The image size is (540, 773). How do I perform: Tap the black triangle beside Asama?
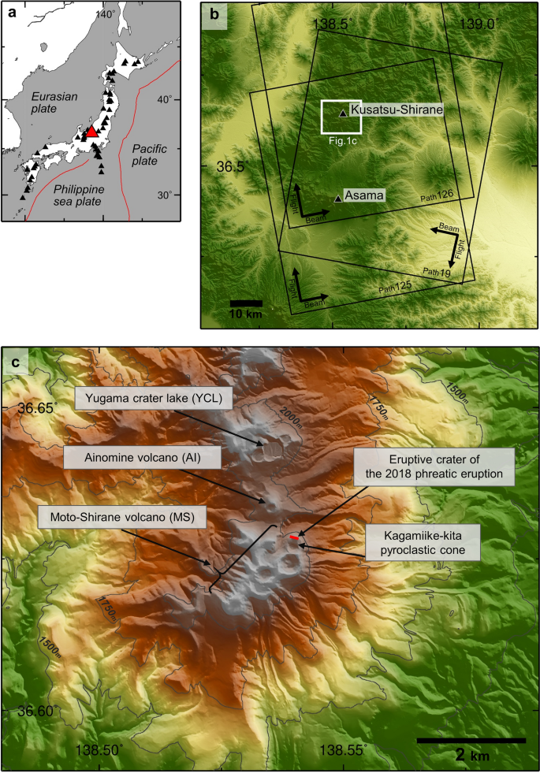338,199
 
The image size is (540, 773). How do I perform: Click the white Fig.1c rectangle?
341,117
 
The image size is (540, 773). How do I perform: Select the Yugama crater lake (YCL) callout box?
155,399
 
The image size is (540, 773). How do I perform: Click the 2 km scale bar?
471,740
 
